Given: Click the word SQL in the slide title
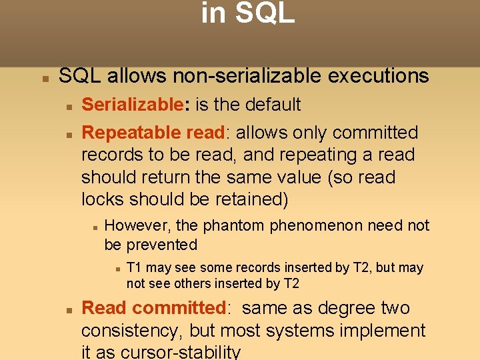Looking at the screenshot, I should point(265,13).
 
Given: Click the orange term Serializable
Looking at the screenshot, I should point(131,105).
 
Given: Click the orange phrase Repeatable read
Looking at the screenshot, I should point(153,133).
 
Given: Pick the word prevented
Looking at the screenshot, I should point(161,245).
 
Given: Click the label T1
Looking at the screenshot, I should point(135,268).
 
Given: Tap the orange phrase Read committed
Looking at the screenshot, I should point(153,308).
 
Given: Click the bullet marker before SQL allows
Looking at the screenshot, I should point(45,78).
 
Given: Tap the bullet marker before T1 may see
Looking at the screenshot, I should point(116,269).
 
